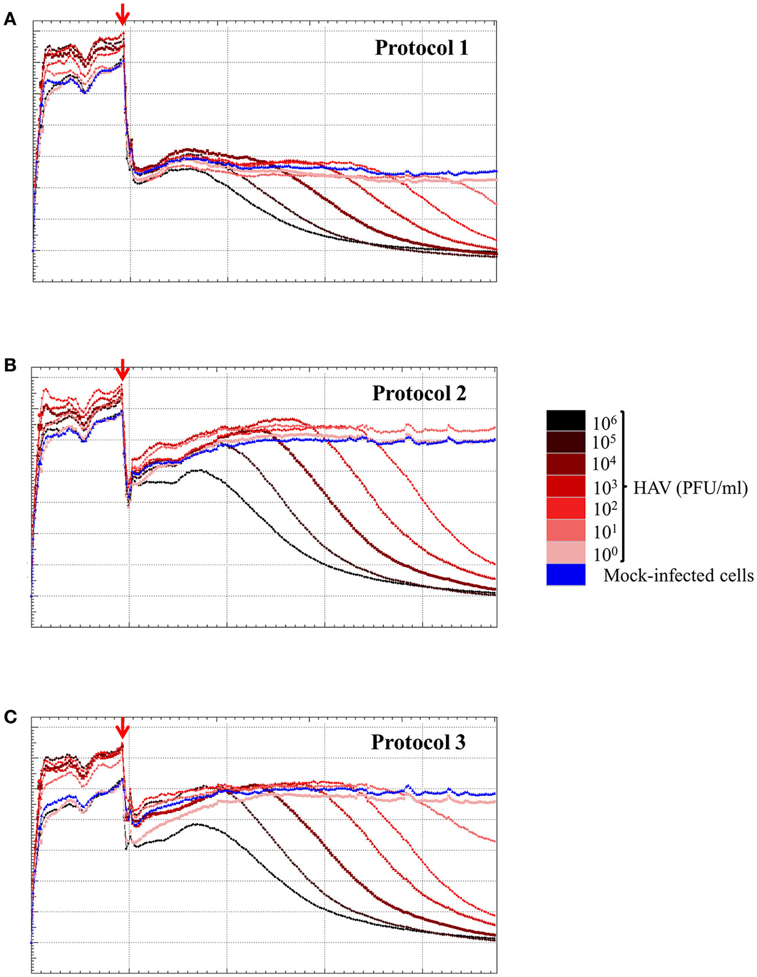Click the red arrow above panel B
pyautogui.click(x=122, y=369)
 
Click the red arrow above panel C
pyautogui.click(x=122, y=727)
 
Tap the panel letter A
pyautogui.click(x=9, y=20)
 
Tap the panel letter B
pyautogui.click(x=9, y=366)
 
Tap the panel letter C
pyautogui.click(x=9, y=718)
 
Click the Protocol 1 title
pyautogui.click(x=421, y=48)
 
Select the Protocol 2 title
pyautogui.click(x=419, y=393)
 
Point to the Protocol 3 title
pyautogui.click(x=418, y=743)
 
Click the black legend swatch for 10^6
pyautogui.click(x=566, y=420)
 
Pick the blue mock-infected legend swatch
pyautogui.click(x=566, y=574)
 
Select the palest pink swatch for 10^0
pyautogui.click(x=566, y=552)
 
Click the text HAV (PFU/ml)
pyautogui.click(x=690, y=488)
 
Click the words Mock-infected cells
pyautogui.click(x=679, y=575)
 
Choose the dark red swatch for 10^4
pyautogui.click(x=566, y=464)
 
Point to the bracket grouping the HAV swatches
pyautogui.click(x=623, y=486)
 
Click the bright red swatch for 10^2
pyautogui.click(x=566, y=509)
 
